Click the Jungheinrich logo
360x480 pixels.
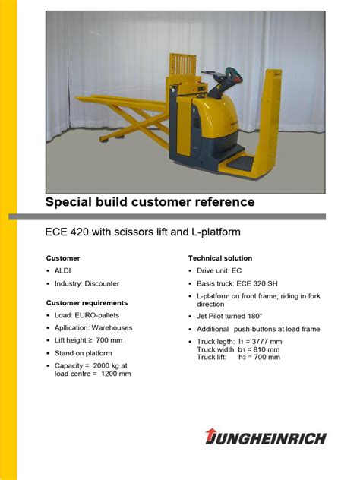coord(265,437)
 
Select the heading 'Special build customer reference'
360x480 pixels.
coord(150,202)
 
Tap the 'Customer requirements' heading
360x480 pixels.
coord(87,302)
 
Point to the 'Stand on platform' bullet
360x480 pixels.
coord(83,353)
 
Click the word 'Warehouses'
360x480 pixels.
coord(112,328)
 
